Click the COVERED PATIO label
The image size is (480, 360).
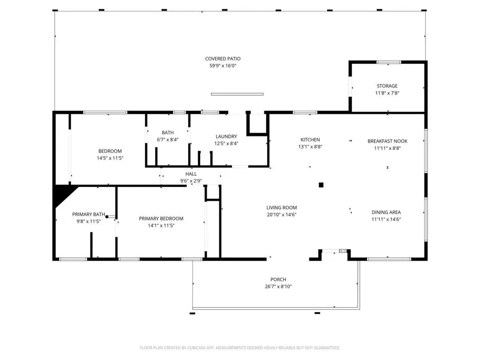(x=223, y=59)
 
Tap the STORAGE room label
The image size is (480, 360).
(x=387, y=86)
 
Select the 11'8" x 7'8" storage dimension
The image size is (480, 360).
(x=387, y=93)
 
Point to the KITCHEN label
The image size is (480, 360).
(x=310, y=140)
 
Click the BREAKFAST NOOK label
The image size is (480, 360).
(x=388, y=141)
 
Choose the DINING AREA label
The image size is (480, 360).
(x=386, y=212)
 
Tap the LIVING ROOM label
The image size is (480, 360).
(x=282, y=208)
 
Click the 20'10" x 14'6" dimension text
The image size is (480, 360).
(x=282, y=215)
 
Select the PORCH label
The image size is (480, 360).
(x=278, y=279)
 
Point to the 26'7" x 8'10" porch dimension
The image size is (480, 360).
(x=278, y=286)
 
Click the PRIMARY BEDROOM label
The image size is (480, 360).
(x=161, y=218)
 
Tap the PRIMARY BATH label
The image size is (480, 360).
(x=89, y=214)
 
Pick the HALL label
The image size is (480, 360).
(x=191, y=174)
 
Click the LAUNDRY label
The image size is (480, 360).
(x=226, y=136)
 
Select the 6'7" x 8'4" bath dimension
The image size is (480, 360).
(x=168, y=140)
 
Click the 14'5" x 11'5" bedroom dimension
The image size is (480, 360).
(x=110, y=158)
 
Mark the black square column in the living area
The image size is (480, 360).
(x=321, y=185)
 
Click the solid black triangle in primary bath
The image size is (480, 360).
(x=62, y=195)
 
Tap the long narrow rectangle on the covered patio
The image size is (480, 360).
(x=237, y=94)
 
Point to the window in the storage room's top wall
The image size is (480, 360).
(x=389, y=62)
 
